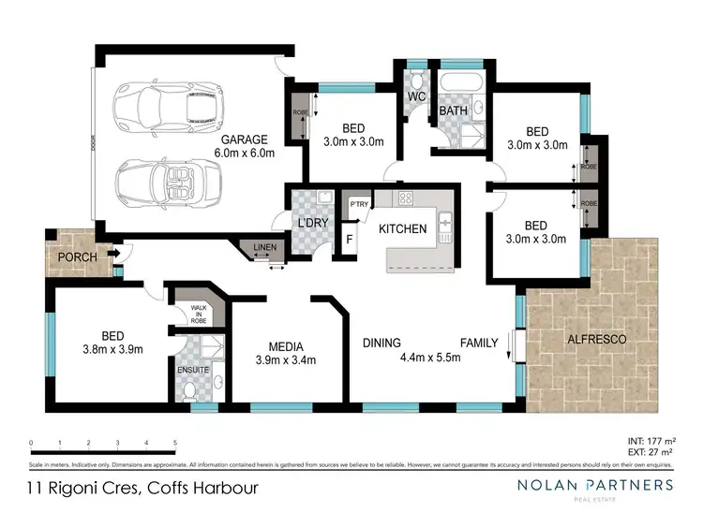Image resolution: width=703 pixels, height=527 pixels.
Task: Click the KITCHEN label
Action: [402, 228]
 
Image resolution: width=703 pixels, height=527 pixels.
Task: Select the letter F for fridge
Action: [351, 239]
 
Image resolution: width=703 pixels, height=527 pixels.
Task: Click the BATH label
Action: [454, 111]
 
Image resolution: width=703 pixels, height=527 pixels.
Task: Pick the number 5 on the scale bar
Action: [175, 442]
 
